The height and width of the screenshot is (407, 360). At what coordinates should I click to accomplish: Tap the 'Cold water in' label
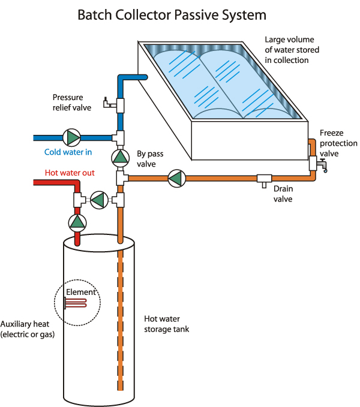click(x=67, y=152)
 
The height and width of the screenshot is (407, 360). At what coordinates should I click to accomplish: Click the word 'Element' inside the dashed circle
click(x=80, y=293)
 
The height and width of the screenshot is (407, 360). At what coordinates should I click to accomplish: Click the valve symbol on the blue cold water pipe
click(x=73, y=137)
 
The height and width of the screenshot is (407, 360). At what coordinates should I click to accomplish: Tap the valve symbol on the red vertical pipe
click(x=77, y=222)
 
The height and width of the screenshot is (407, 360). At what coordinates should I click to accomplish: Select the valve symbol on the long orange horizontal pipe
click(x=176, y=178)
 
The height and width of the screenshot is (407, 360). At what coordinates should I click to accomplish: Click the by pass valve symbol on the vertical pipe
click(x=120, y=158)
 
